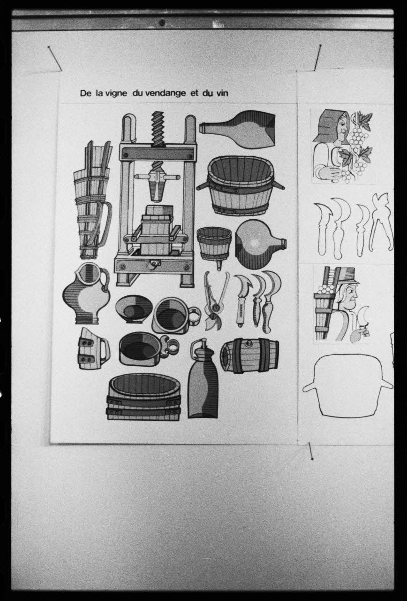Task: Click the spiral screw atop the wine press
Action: pos(158,128)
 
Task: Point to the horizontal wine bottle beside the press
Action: pos(238,129)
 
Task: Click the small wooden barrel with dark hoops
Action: pos(249,356)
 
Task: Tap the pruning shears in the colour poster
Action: pos(217,300)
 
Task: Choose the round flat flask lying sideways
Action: pos(260,244)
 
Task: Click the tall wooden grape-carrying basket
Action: pos(92,200)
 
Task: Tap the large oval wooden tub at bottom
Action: pos(144,397)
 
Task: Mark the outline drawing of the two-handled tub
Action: pos(348,385)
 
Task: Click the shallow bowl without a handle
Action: pos(134,308)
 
